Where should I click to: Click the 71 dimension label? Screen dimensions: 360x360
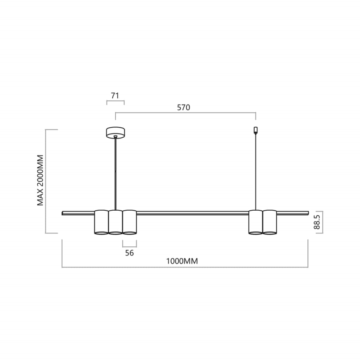tap(115, 95)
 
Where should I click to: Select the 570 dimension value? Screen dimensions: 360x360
tap(183, 107)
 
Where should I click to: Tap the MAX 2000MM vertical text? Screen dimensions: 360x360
tap(40, 181)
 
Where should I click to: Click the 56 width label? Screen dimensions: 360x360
tap(129, 253)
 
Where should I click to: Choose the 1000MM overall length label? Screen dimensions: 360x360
tap(182, 261)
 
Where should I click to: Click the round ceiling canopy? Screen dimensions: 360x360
tap(115, 132)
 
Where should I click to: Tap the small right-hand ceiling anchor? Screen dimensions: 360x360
tap(255, 130)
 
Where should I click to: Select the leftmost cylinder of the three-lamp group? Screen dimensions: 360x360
tap(101, 222)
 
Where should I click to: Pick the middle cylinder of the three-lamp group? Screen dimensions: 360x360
tap(115, 222)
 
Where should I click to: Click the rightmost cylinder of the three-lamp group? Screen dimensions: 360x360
tap(129, 222)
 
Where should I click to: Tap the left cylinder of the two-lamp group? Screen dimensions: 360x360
tap(255, 222)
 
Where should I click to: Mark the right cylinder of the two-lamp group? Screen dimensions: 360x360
tap(270, 222)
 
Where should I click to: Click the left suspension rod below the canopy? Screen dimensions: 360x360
tap(115, 174)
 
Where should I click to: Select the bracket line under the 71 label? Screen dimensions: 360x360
tap(115, 101)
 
